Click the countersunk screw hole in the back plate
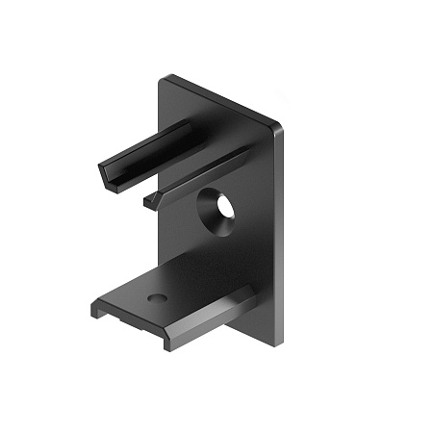click(217, 211)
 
